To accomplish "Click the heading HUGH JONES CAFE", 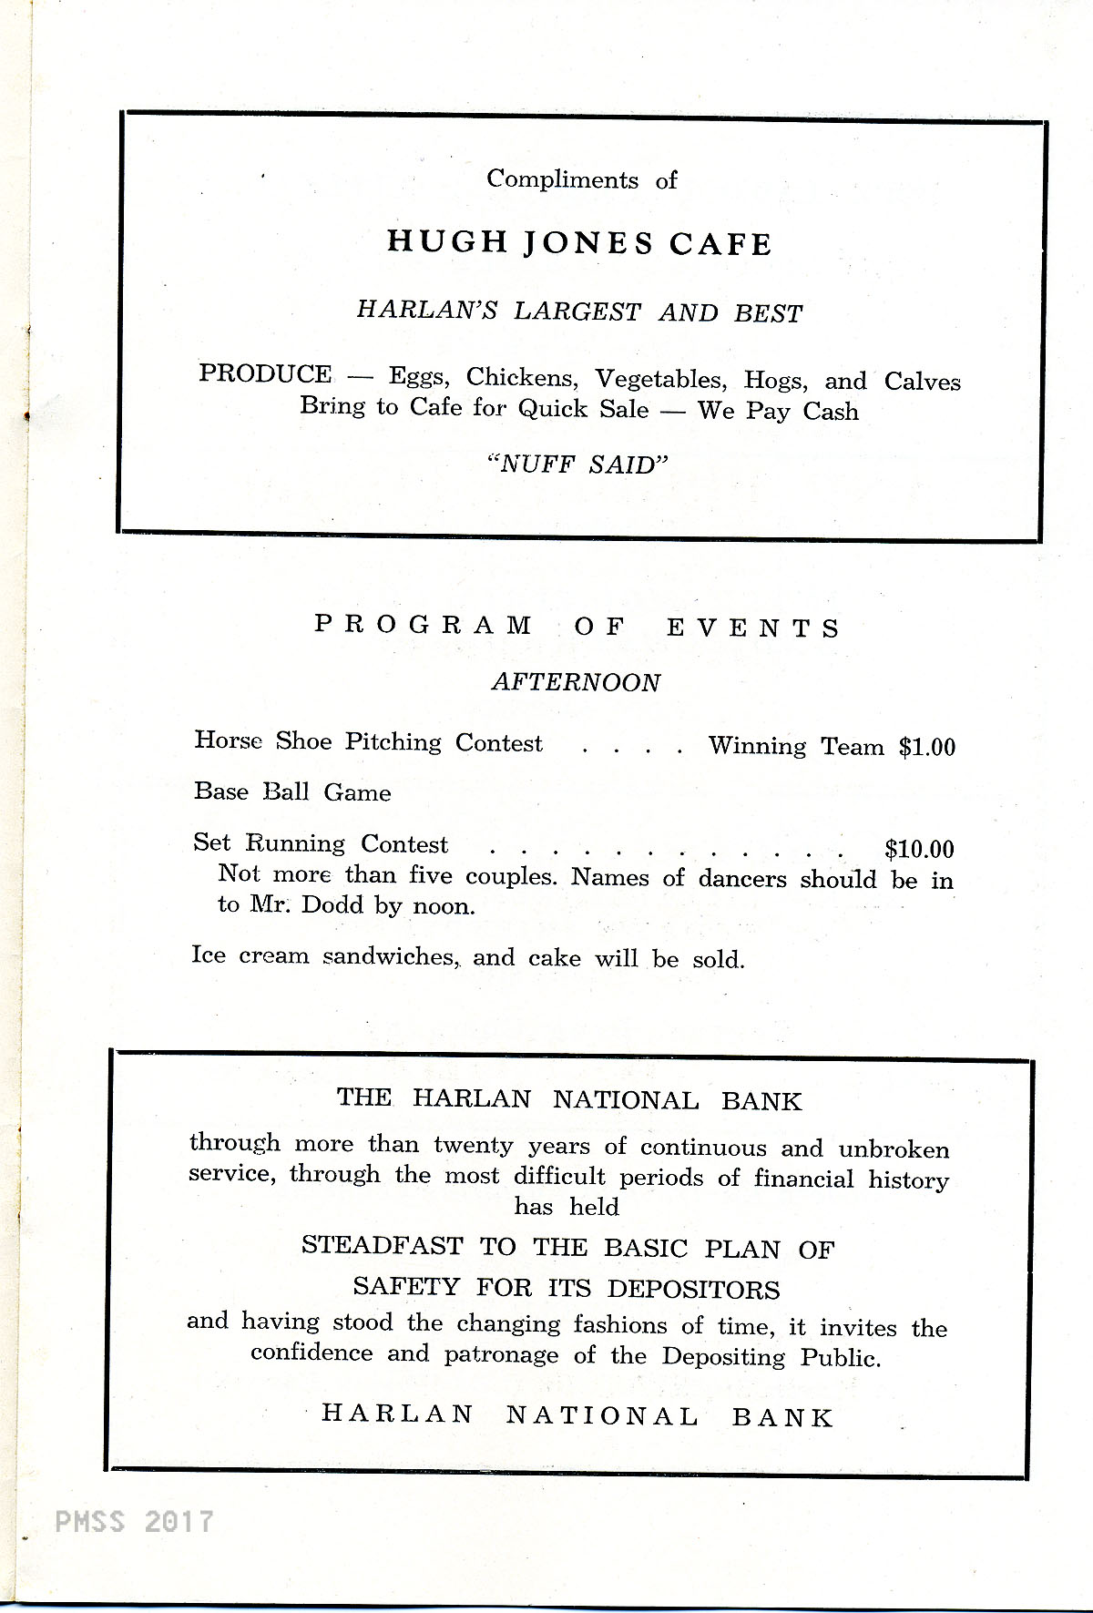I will tap(579, 242).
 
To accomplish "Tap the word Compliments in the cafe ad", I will tap(562, 179).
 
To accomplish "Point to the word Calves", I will tap(922, 381).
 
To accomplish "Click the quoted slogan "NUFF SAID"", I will tap(578, 465).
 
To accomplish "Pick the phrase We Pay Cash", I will tap(778, 411).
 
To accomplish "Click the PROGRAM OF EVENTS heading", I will tap(577, 628).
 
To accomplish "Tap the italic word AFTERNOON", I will tap(576, 682).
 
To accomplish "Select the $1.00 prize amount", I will tap(926, 748).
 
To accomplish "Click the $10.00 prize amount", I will tap(919, 850).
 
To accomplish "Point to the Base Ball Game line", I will tap(292, 792).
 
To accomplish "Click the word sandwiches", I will tap(391, 956).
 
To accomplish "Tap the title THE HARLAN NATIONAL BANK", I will tap(569, 1099).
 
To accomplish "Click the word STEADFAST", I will tap(382, 1246).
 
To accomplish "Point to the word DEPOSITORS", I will tap(693, 1289).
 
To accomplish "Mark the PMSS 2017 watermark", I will tap(134, 1521).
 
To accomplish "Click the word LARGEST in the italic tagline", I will tap(577, 311).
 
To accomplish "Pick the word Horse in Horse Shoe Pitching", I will tap(228, 740).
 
